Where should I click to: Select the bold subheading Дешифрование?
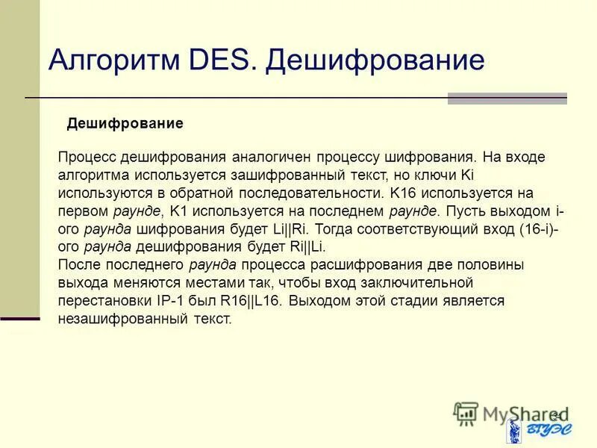(125, 123)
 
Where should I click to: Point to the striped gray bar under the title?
(507, 99)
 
